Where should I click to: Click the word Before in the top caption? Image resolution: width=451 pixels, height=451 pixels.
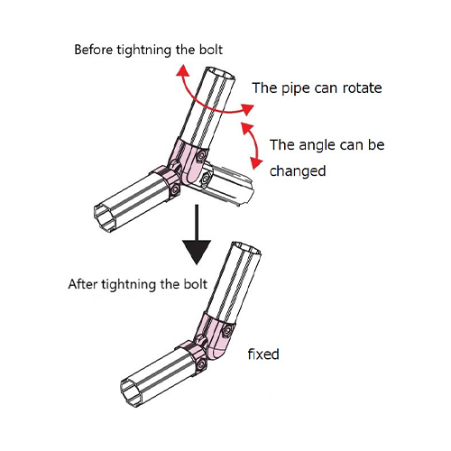[93, 50]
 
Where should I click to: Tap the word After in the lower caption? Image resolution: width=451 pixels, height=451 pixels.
[83, 284]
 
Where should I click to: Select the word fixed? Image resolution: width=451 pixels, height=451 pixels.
[263, 354]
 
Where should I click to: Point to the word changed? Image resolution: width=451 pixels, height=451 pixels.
[298, 171]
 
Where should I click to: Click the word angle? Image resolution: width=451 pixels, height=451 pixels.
[317, 145]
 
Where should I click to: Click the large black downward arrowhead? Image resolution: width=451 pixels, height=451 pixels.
[197, 252]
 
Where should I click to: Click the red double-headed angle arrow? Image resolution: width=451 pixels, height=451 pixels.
[257, 144]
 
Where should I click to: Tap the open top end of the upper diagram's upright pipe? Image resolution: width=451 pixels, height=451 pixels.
[221, 74]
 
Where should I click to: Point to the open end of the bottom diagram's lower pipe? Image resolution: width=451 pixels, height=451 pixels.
[133, 392]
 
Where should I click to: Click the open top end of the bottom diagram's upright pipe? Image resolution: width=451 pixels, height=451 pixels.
[246, 248]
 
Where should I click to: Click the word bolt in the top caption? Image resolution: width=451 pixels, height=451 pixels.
[211, 50]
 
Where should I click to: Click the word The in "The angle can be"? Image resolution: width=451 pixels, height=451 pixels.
[281, 145]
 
